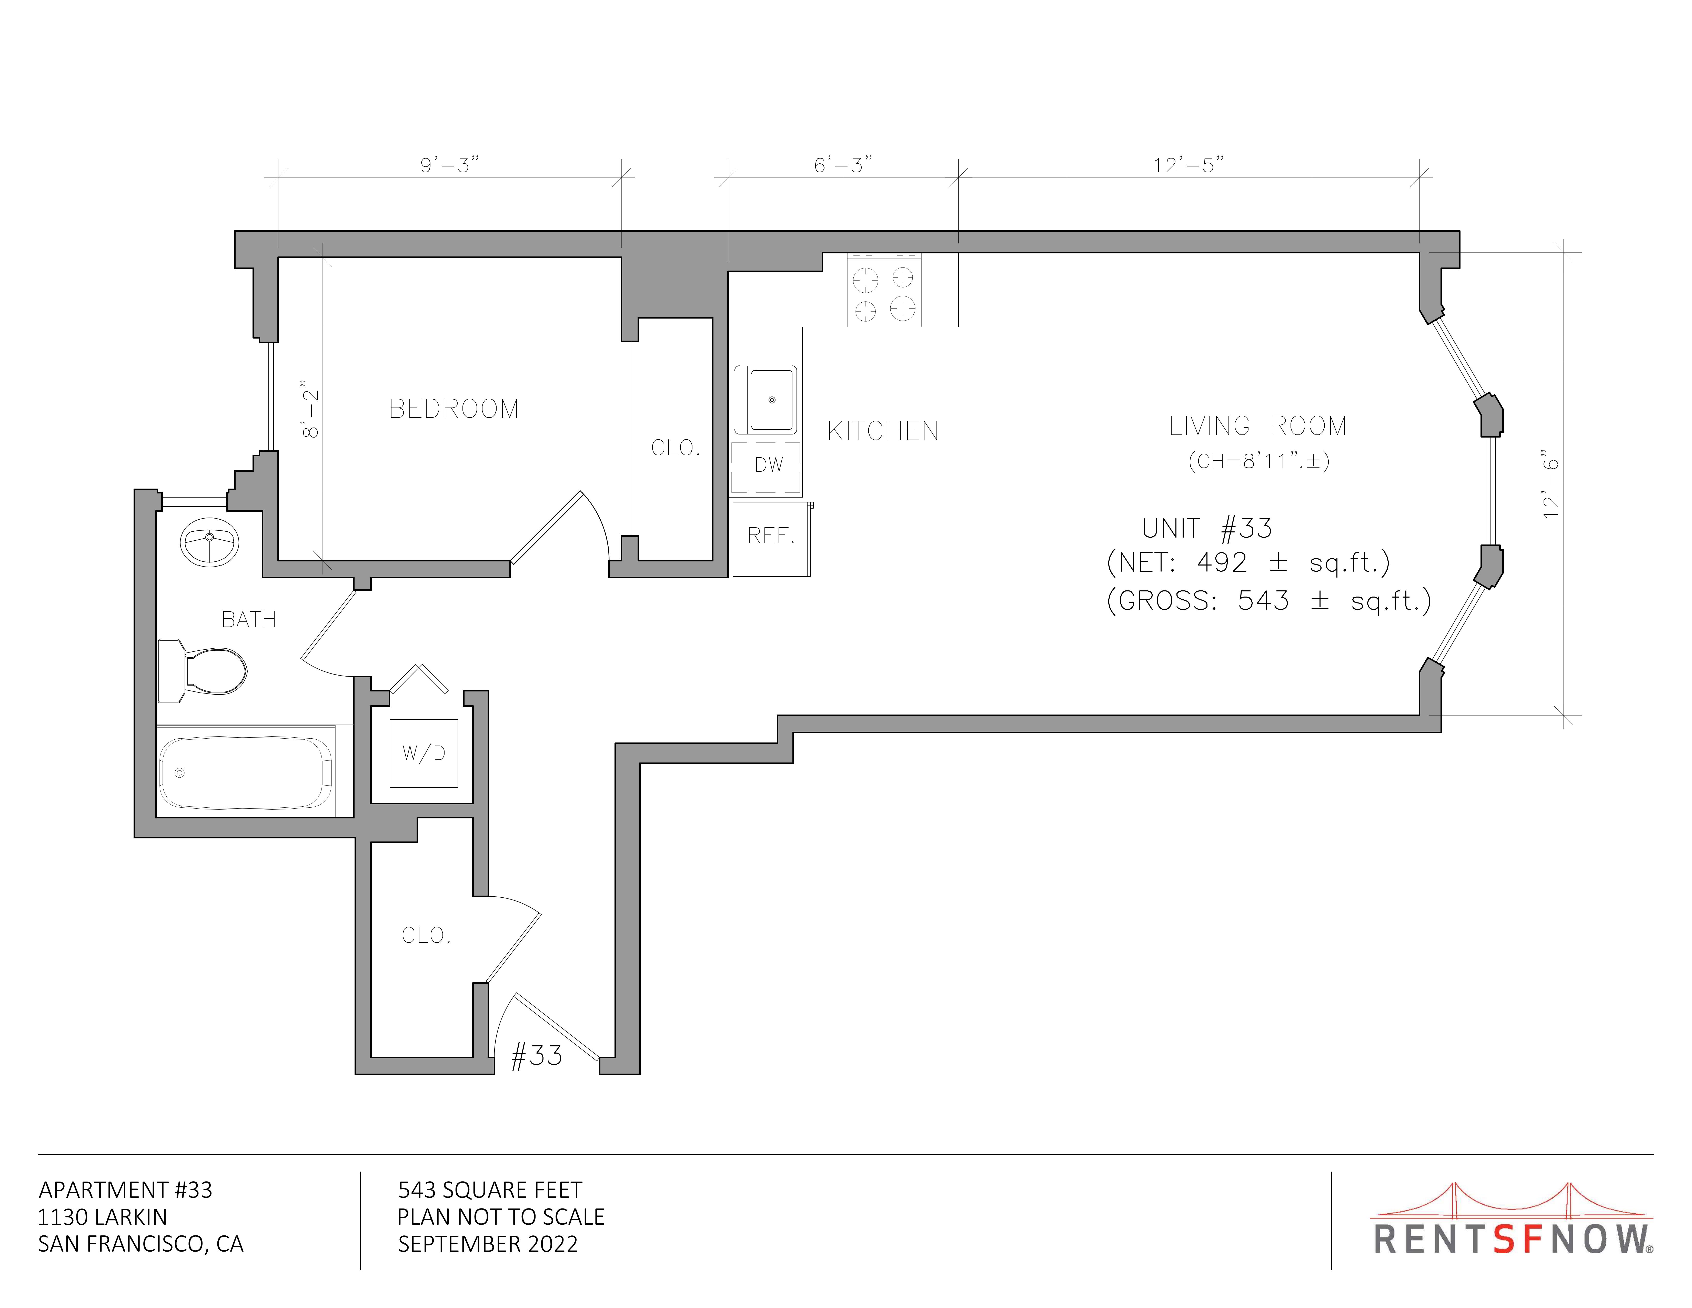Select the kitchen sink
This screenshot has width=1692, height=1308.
766,400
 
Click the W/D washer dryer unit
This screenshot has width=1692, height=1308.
424,753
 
